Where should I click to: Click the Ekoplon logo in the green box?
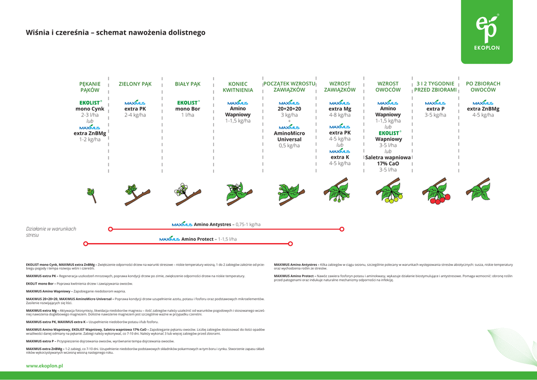487,32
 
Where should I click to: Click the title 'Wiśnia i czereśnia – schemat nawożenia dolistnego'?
115,32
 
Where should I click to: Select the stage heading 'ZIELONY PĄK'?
135,84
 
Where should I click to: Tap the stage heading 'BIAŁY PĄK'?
188,84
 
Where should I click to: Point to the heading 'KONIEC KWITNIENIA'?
238,87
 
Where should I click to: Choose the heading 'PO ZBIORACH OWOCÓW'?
483,87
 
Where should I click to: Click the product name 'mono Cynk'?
90,109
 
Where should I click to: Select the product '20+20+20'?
289,109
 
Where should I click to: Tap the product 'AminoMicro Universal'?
289,136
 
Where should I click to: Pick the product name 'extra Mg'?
340,109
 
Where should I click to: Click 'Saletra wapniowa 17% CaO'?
388,160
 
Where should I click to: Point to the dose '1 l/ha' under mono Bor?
188,115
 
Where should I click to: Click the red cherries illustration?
435,193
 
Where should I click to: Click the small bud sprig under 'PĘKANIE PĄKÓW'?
92,195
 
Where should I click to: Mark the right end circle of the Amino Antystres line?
342,229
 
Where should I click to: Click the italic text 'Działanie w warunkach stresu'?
51,232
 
